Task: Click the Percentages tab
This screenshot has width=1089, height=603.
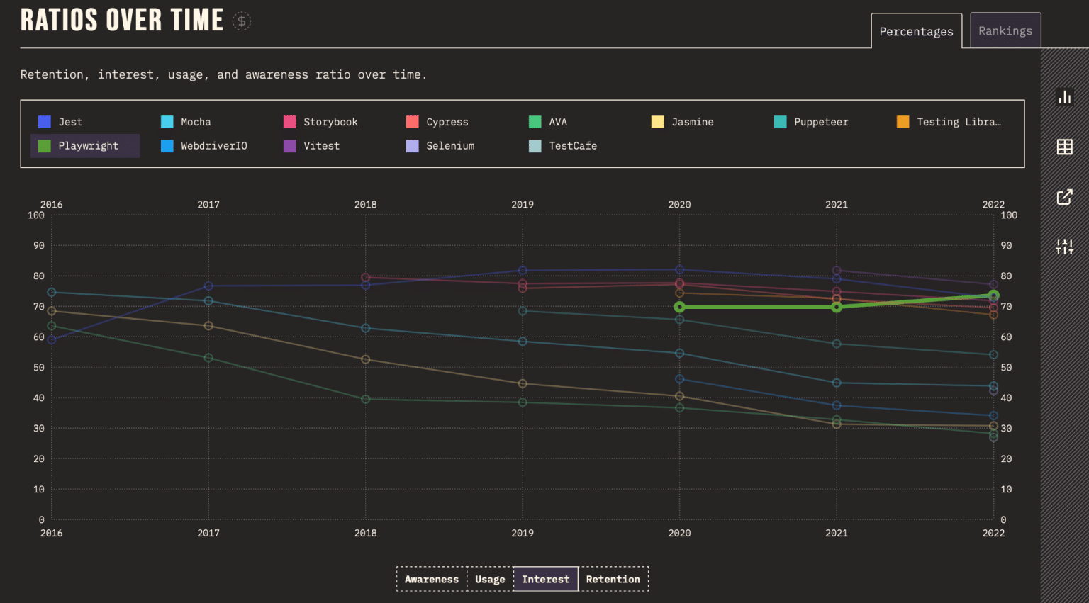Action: [x=916, y=31]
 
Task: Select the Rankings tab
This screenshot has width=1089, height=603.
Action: [x=1005, y=30]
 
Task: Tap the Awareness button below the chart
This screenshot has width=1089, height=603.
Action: [x=431, y=579]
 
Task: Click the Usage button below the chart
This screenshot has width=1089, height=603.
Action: [x=490, y=579]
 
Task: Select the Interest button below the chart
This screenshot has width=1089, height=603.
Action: [x=545, y=579]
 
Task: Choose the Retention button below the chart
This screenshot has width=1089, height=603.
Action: [x=613, y=579]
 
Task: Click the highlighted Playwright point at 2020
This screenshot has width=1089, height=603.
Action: [x=679, y=307]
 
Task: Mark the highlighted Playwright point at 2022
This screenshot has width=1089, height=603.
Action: [x=993, y=295]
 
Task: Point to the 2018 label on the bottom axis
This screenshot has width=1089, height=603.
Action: [x=365, y=533]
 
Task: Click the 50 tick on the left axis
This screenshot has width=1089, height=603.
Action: [x=38, y=367]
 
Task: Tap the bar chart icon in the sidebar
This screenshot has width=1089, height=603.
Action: [x=1064, y=97]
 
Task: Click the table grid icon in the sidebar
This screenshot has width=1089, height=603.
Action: [x=1064, y=147]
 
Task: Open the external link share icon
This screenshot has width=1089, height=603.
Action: [x=1064, y=197]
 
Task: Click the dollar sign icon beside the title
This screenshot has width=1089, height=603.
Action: [x=242, y=21]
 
